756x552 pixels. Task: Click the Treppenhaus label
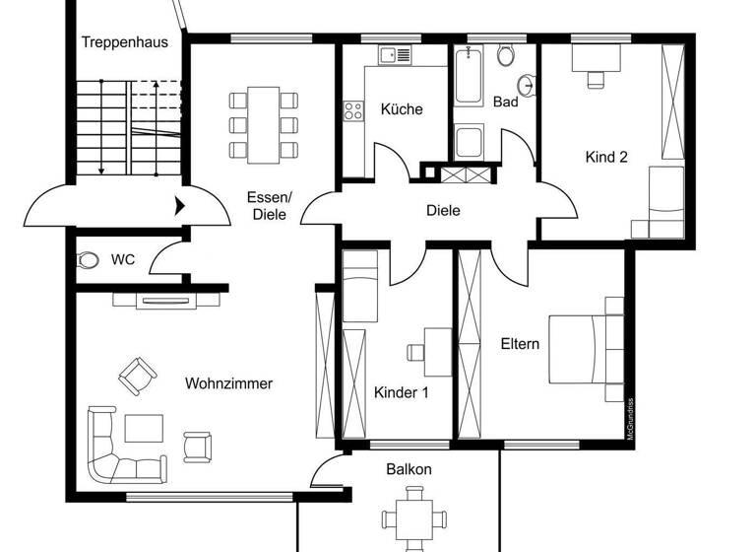tap(125, 42)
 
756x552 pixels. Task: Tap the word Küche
tap(402, 109)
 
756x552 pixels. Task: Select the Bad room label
tap(505, 102)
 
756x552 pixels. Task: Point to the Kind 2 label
tap(606, 157)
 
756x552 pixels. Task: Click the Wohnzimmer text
tap(228, 383)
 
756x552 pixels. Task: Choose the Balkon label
tap(409, 469)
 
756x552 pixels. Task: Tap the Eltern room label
tap(520, 344)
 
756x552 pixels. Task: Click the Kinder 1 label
tap(402, 392)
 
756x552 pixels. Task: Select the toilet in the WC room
tap(89, 260)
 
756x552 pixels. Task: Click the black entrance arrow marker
tap(180, 207)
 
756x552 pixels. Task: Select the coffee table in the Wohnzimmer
tap(145, 429)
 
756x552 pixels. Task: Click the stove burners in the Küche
tap(351, 112)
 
